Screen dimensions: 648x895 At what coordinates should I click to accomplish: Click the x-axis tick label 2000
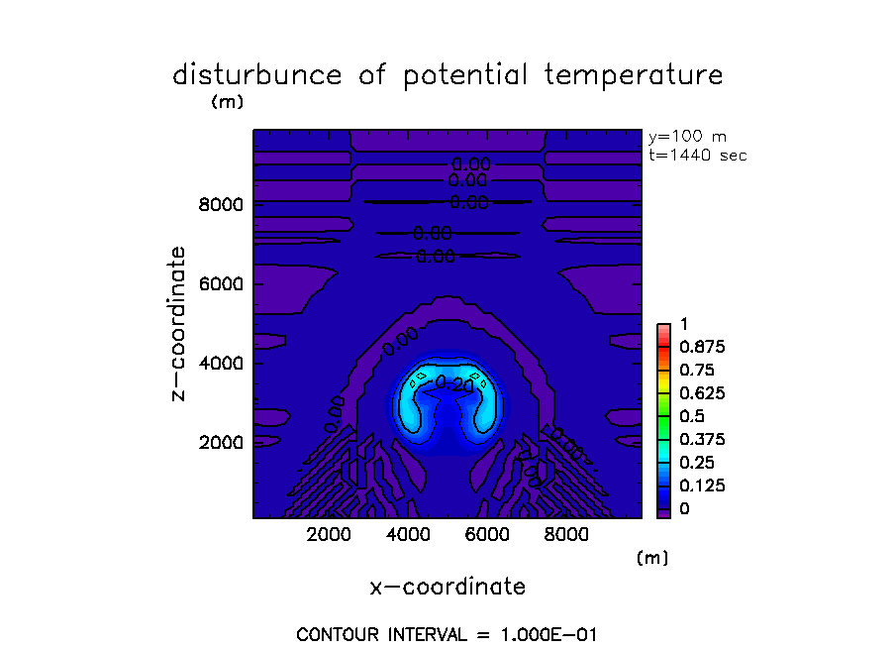click(x=330, y=536)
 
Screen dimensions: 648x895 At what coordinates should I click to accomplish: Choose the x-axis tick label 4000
click(x=408, y=536)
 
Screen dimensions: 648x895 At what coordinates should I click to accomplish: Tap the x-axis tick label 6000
click(x=486, y=536)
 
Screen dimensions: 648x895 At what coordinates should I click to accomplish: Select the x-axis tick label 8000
click(x=564, y=536)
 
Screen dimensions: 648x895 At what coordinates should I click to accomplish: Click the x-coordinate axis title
click(x=447, y=587)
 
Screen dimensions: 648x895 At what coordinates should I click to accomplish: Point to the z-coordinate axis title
click(x=179, y=323)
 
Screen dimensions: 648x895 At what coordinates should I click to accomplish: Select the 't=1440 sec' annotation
click(x=697, y=155)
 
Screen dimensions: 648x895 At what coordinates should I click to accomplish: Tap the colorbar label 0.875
click(x=699, y=347)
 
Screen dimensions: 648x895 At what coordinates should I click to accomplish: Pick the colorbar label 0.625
click(x=699, y=392)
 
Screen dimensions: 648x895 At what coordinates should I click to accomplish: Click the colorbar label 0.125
click(x=699, y=486)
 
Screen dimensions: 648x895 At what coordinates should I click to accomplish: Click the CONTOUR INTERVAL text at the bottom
click(x=447, y=634)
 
